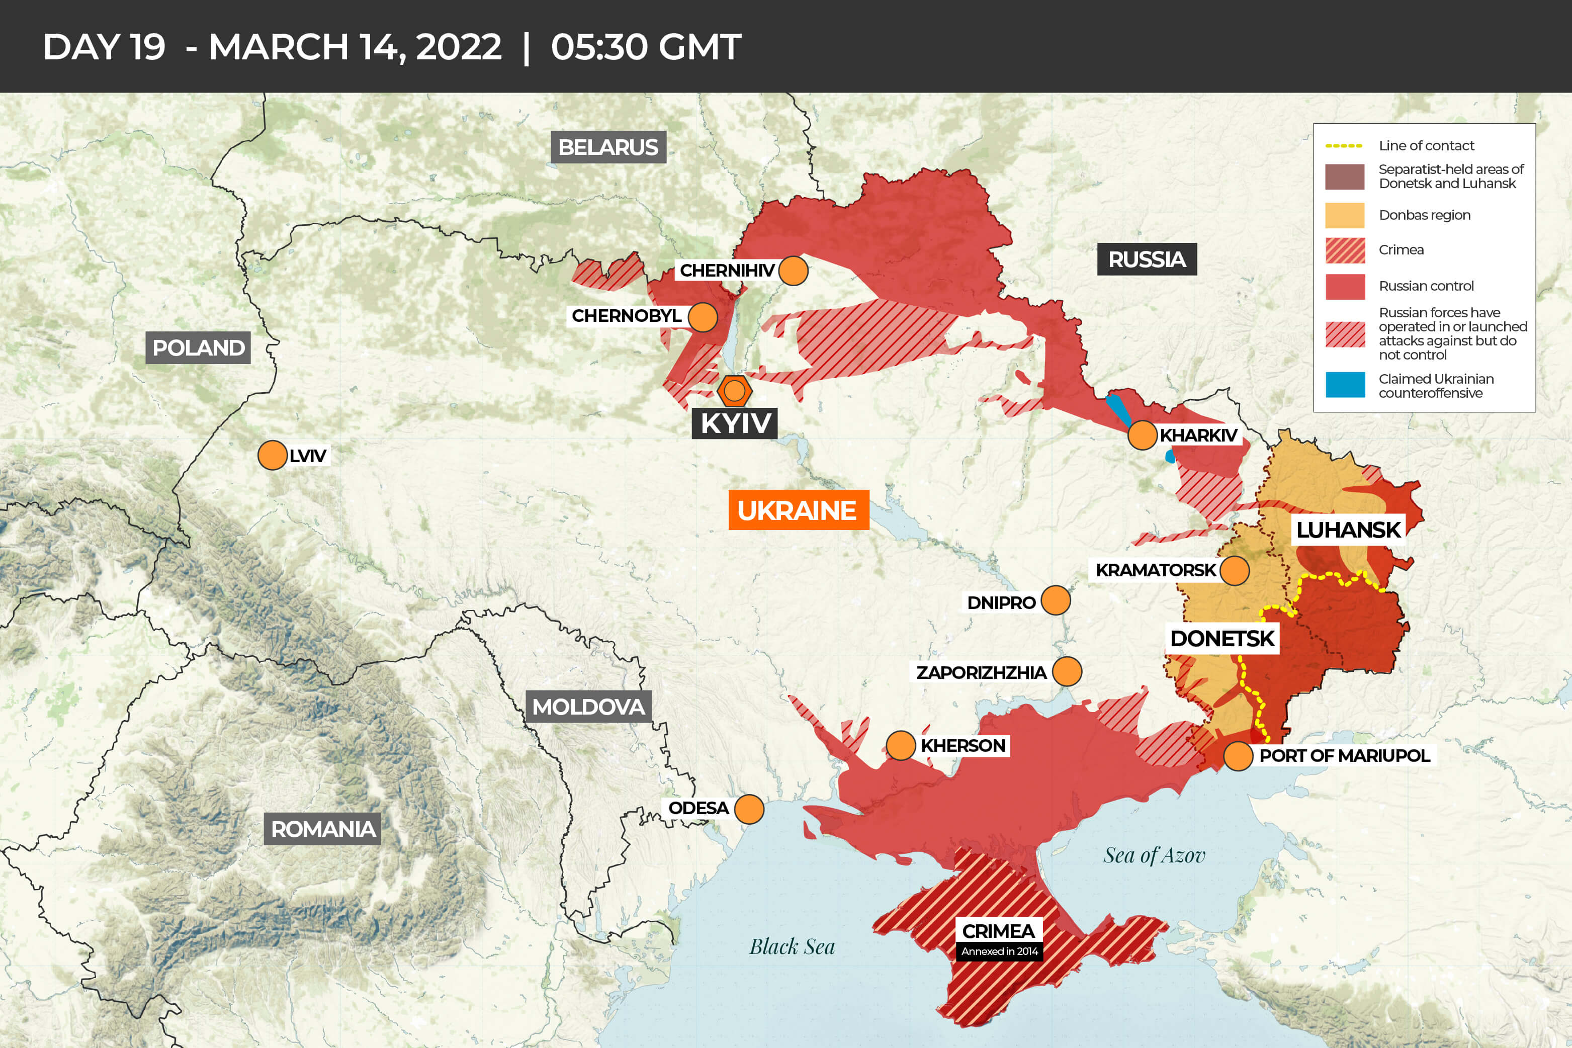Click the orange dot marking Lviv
pyautogui.click(x=272, y=455)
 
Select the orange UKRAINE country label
pyautogui.click(x=798, y=510)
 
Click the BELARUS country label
pyautogui.click(x=607, y=147)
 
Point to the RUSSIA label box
pyautogui.click(x=1147, y=259)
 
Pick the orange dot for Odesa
pyautogui.click(x=749, y=809)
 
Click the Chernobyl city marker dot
pyautogui.click(x=703, y=317)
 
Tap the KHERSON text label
pyautogui.click(x=963, y=745)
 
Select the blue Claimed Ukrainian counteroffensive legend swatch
pyautogui.click(x=1345, y=386)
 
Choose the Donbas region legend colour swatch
pyautogui.click(x=1345, y=215)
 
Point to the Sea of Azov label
pyautogui.click(x=1154, y=855)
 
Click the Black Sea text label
pyautogui.click(x=792, y=946)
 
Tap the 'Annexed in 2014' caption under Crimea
pyautogui.click(x=999, y=951)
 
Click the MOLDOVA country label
pyautogui.click(x=588, y=707)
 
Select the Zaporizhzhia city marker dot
pyautogui.click(x=1067, y=672)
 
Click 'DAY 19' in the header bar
pyautogui.click(x=104, y=47)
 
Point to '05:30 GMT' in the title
pyautogui.click(x=646, y=47)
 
